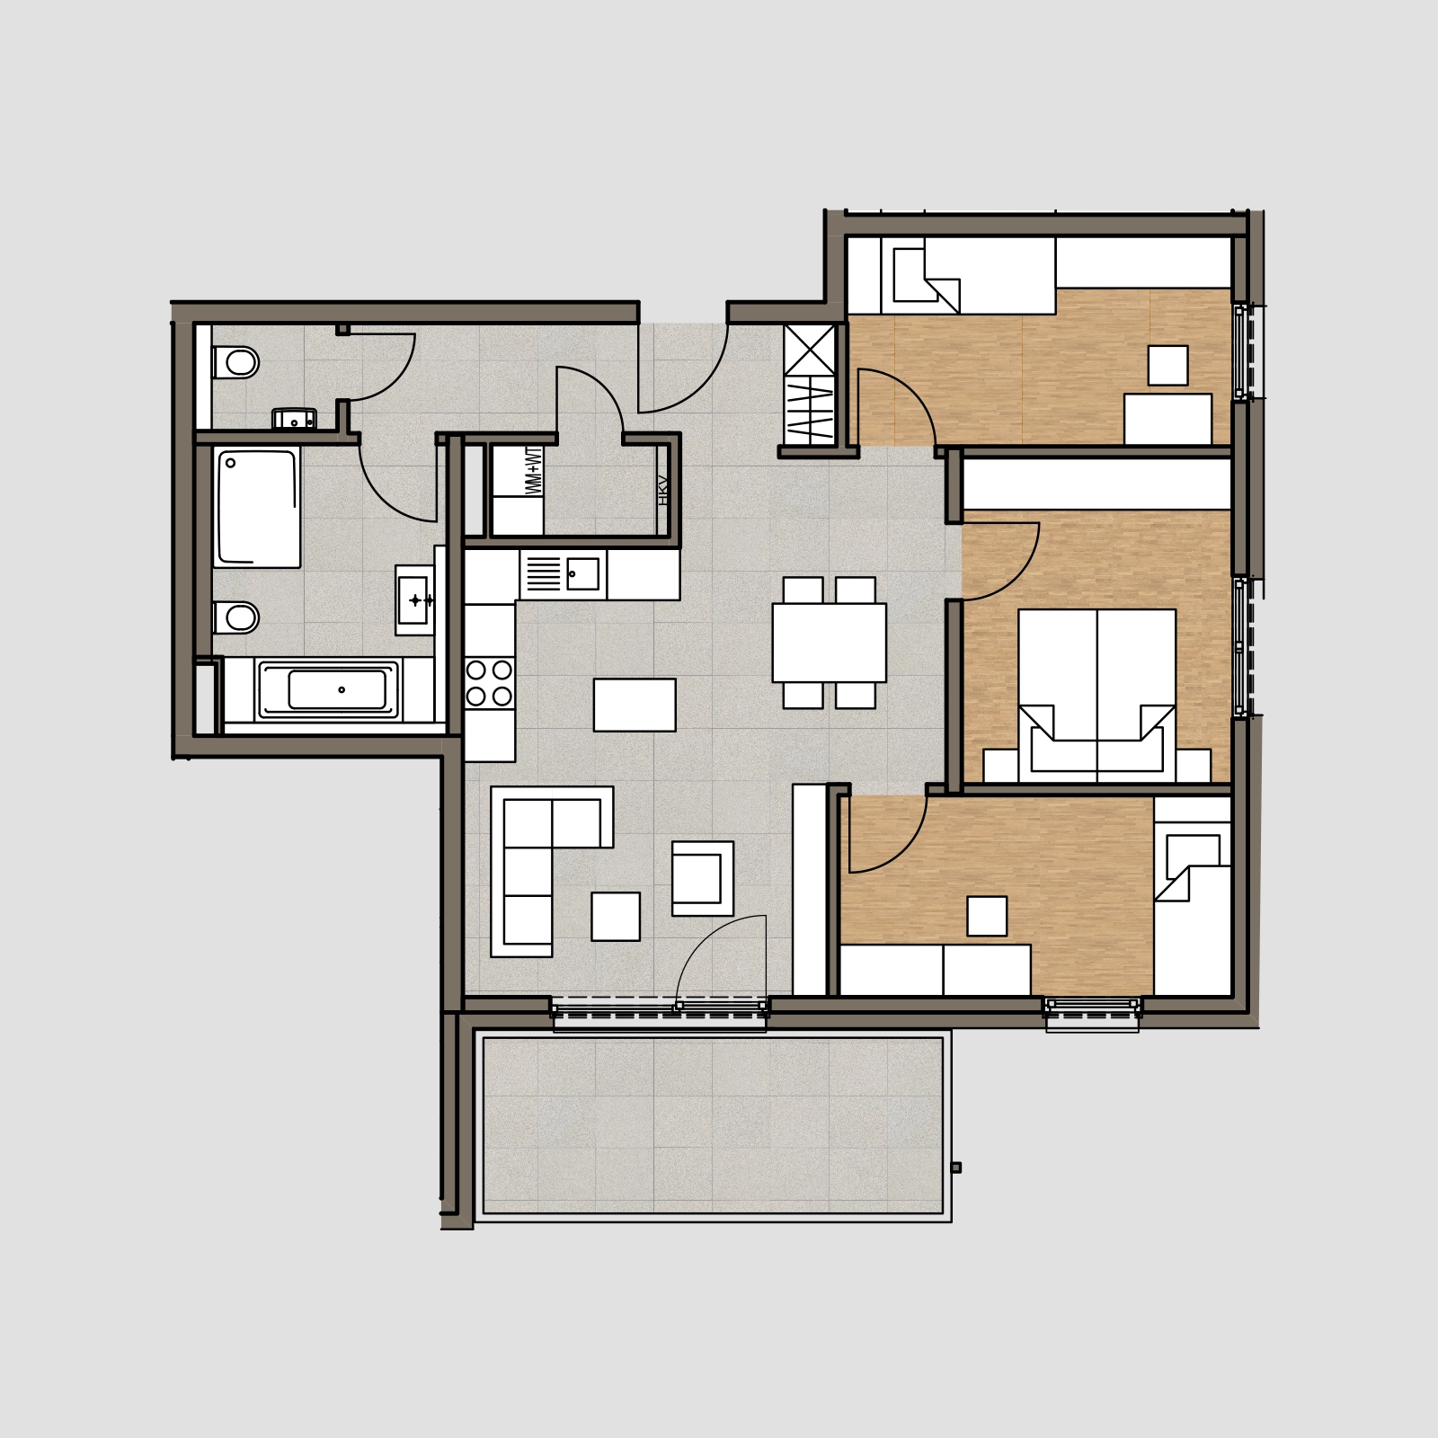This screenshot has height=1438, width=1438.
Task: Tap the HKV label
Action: [663, 490]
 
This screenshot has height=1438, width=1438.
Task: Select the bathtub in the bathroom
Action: [328, 690]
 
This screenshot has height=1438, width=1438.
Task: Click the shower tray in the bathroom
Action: [257, 508]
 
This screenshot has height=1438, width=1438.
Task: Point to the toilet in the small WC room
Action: [235, 363]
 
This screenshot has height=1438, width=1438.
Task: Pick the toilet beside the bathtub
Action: [235, 617]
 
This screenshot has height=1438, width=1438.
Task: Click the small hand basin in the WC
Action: [294, 419]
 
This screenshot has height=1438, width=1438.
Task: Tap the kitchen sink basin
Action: [582, 574]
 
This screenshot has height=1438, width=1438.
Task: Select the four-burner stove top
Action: [490, 683]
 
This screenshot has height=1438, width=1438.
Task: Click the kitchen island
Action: [635, 705]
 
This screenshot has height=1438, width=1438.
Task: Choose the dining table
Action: [829, 643]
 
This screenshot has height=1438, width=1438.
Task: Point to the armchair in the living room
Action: [703, 878]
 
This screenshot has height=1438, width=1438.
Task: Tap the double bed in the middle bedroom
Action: [1096, 696]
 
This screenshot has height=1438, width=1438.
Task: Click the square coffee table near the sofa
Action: [616, 916]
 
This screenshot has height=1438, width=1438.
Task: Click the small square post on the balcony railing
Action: [955, 1167]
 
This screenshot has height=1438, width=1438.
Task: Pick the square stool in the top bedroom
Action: [1167, 365]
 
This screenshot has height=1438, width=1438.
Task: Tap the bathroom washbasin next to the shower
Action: [415, 599]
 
